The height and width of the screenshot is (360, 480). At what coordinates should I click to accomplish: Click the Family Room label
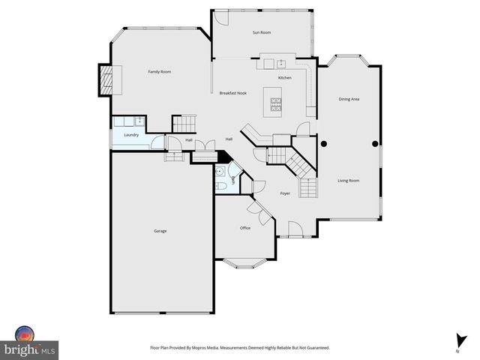(x=159, y=72)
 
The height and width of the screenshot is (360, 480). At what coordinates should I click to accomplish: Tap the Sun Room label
(x=261, y=33)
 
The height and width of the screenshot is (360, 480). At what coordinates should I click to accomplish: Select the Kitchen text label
(x=284, y=78)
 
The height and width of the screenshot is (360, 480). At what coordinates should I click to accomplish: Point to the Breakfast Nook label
(x=233, y=93)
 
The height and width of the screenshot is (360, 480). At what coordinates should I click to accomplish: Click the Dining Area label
(x=349, y=99)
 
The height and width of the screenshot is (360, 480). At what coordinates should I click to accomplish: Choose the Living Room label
(x=348, y=180)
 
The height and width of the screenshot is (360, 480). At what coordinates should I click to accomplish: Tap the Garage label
(x=160, y=231)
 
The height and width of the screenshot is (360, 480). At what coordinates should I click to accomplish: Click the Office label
(x=245, y=228)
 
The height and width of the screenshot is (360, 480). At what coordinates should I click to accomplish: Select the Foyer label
(x=285, y=193)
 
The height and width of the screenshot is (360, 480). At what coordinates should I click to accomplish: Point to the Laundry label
(x=130, y=135)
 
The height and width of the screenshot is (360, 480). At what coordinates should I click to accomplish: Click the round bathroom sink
(x=220, y=185)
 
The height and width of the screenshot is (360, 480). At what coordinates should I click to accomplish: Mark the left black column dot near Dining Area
(x=324, y=143)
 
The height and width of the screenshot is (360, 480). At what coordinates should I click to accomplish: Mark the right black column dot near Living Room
(x=375, y=143)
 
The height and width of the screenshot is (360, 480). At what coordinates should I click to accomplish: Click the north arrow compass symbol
(x=457, y=342)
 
